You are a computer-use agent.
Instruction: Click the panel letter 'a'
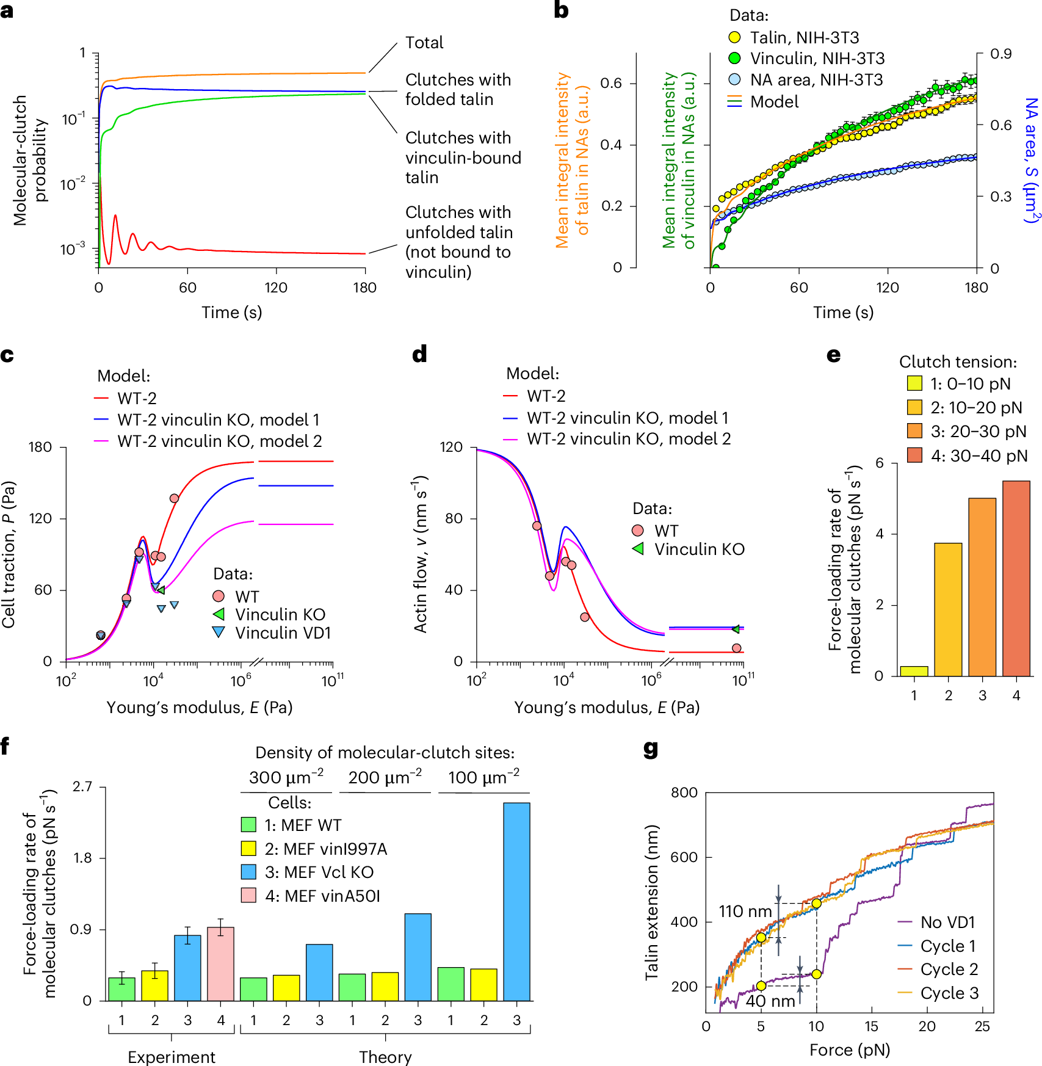click(x=7, y=11)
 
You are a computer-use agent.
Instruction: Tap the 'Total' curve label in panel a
click(x=424, y=43)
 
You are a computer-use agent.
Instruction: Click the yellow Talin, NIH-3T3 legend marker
click(x=734, y=38)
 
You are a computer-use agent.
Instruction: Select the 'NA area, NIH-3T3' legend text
click(x=816, y=80)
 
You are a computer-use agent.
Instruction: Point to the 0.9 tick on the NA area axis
click(x=1000, y=54)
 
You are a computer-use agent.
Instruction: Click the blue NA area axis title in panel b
click(x=1031, y=160)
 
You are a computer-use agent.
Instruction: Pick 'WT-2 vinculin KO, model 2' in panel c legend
click(x=219, y=441)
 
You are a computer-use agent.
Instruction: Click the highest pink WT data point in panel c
click(x=174, y=498)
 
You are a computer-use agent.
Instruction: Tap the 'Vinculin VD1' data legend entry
click(x=283, y=633)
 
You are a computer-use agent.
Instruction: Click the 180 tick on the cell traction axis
click(x=40, y=448)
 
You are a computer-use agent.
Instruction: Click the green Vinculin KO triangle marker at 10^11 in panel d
click(x=736, y=629)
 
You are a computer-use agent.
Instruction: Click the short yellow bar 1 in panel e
click(x=914, y=670)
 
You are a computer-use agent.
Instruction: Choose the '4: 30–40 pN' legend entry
click(x=979, y=455)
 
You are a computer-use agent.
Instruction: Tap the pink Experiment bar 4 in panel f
click(x=220, y=963)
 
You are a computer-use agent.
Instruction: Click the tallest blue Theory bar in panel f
click(x=516, y=901)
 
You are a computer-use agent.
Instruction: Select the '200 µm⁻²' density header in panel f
click(x=385, y=778)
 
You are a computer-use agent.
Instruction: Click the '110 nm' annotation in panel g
click(x=745, y=912)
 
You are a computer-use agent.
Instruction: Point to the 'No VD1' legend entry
click(x=947, y=922)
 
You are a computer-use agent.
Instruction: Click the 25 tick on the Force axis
click(x=982, y=1026)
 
